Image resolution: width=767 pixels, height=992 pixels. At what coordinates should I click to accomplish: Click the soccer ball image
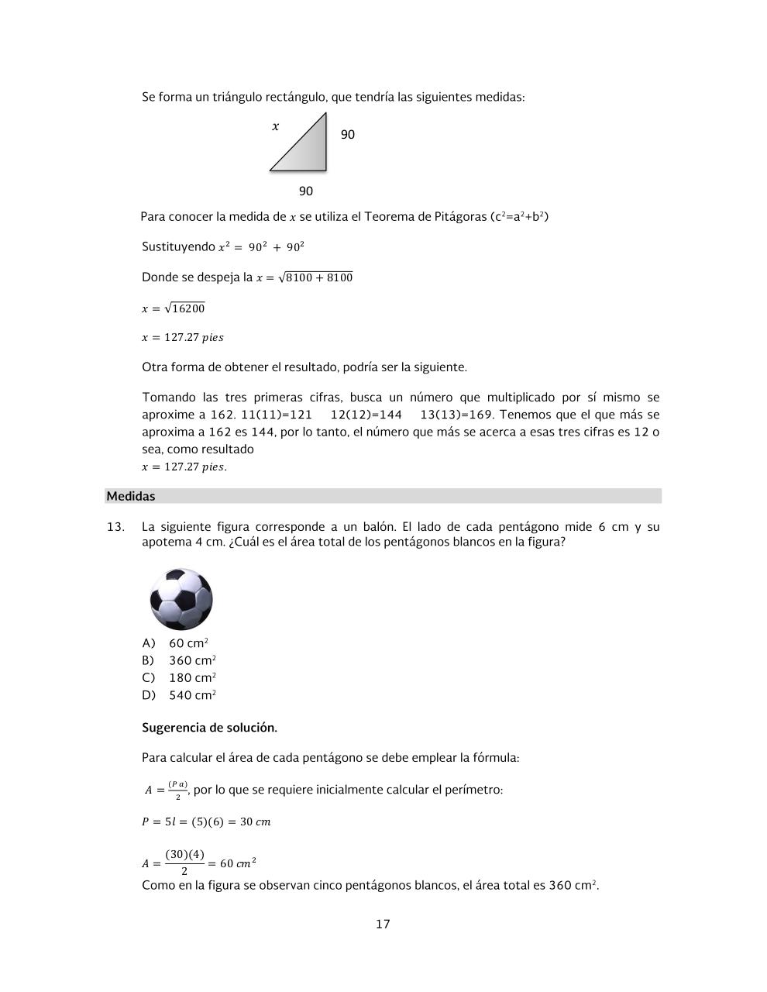coord(181,599)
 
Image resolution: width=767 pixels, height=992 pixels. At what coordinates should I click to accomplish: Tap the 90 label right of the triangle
coord(348,135)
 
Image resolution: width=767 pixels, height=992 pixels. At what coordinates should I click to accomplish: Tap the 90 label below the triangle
coord(306,191)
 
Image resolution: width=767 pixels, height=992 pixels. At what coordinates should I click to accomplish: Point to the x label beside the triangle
coord(275,126)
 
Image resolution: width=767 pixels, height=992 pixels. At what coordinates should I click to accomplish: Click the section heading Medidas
coord(131,496)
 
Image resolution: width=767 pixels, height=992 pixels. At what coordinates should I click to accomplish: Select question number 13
coord(115,527)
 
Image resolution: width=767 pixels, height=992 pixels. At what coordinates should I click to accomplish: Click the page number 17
coord(383,924)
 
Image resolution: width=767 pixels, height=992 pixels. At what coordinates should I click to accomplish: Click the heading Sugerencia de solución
coord(209,728)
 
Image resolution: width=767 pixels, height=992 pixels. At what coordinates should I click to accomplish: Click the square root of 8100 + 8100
coord(315,277)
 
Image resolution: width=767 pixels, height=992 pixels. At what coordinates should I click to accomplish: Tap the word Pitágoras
coord(457,216)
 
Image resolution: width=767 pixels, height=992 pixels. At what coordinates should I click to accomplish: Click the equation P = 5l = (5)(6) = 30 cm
coord(206,821)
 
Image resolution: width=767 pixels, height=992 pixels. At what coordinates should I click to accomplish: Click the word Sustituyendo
coord(178,246)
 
